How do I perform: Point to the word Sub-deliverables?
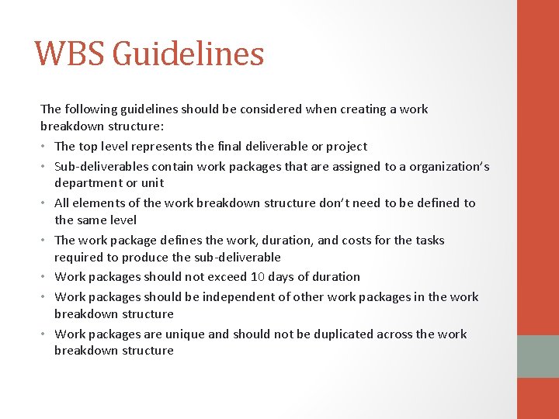tap(100, 166)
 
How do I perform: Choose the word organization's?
tap(452, 166)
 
